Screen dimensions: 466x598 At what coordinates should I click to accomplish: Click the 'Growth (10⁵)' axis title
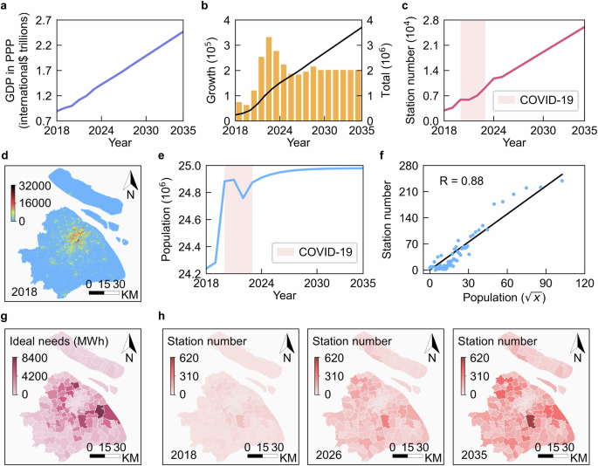pyautogui.click(x=212, y=68)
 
